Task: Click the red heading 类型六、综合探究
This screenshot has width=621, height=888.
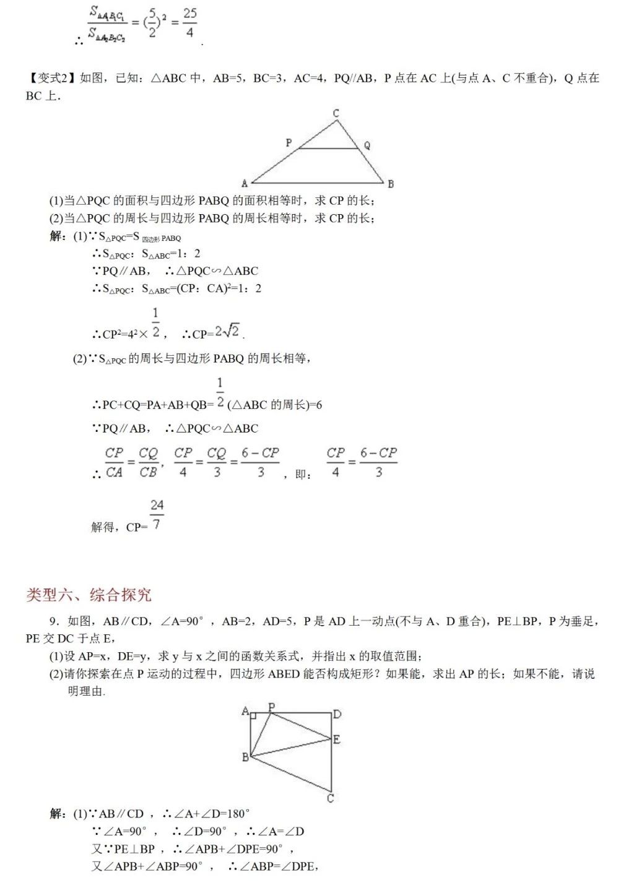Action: click(89, 595)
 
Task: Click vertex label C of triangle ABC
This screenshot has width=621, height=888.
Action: click(336, 113)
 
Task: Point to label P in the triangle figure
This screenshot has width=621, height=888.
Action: click(289, 143)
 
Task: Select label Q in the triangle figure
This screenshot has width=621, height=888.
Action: click(367, 145)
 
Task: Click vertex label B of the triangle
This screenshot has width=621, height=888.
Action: click(391, 184)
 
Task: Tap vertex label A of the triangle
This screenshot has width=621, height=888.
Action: click(245, 183)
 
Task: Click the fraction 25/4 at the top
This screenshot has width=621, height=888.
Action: click(190, 22)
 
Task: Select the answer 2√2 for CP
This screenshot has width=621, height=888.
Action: click(227, 332)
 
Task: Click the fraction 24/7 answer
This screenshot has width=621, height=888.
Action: click(157, 515)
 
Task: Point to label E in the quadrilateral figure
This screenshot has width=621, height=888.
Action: click(337, 739)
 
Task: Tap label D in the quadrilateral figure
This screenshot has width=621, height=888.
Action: click(337, 714)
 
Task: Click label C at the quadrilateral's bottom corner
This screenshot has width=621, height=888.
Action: click(331, 798)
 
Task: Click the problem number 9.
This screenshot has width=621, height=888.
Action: click(54, 621)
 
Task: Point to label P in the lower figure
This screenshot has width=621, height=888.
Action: click(271, 706)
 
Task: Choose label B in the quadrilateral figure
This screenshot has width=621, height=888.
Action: click(245, 757)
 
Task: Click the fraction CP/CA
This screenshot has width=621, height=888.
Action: click(115, 462)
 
